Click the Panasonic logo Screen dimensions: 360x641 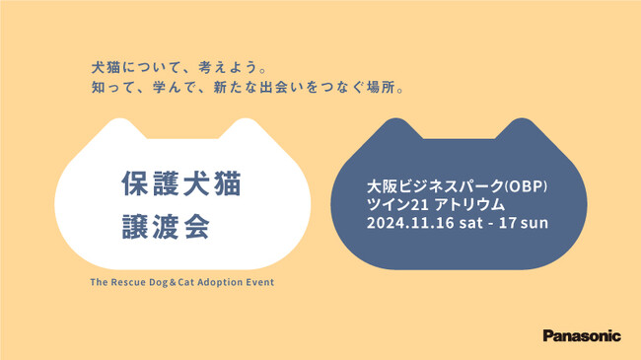pyautogui.click(x=582, y=335)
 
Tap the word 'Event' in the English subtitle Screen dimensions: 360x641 pyautogui.click(x=259, y=282)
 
